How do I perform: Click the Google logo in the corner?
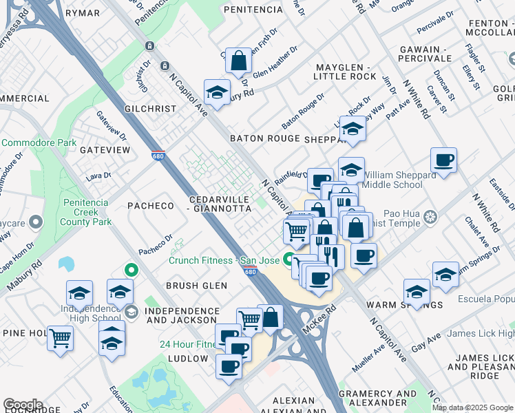coord(23,405)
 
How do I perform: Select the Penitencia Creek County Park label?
coord(87,213)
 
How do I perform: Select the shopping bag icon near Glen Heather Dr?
coord(238,61)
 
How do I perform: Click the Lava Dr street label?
coord(98,176)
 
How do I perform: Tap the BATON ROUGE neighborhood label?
coord(265,138)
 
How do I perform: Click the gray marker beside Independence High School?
coord(131,313)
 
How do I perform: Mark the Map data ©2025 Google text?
coord(473,407)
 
